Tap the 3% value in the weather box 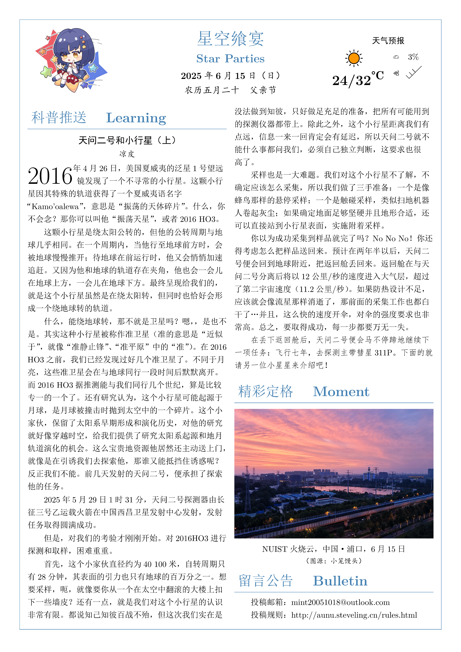(x=413, y=57)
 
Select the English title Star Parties (x=230, y=59)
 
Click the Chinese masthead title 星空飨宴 (x=230, y=39)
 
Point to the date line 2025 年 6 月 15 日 (x=230, y=76)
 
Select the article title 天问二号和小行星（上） (x=127, y=140)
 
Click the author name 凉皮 (x=127, y=154)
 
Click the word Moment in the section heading (x=341, y=392)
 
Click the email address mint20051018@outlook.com (x=340, y=602)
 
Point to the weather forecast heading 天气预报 (x=388, y=41)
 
